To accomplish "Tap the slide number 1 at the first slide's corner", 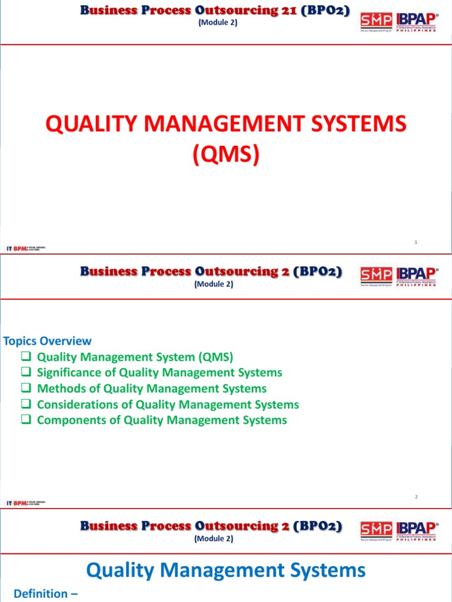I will (416, 242).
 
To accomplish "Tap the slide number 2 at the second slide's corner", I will (416, 497).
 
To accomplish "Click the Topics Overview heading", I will (48, 341).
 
